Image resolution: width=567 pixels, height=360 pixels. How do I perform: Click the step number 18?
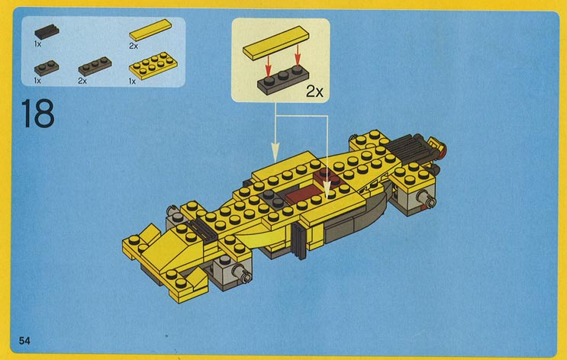(38, 114)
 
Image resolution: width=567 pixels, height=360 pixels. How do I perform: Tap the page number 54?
(24, 340)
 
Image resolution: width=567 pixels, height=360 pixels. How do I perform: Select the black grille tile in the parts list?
(47, 32)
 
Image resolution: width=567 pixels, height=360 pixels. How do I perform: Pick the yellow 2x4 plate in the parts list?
(153, 66)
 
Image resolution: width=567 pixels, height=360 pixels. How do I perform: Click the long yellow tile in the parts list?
(150, 30)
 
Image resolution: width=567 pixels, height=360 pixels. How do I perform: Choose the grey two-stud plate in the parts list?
(47, 68)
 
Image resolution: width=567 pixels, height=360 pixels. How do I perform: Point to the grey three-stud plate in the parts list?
(95, 66)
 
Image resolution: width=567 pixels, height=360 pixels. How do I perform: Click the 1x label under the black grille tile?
(37, 44)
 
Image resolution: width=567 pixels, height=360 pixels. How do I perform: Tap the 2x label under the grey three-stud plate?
(82, 81)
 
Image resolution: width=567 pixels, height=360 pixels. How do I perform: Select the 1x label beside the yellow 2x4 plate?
(132, 82)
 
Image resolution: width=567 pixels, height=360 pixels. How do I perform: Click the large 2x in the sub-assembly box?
(314, 91)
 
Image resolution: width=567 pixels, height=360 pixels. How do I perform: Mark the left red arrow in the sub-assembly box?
(268, 66)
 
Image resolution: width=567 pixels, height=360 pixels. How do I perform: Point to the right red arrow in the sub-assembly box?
(298, 56)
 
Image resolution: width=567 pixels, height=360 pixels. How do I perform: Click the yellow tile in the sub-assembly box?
(276, 43)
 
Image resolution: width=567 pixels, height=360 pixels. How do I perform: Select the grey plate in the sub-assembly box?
(283, 80)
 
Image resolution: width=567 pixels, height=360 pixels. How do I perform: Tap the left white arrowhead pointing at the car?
(275, 153)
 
